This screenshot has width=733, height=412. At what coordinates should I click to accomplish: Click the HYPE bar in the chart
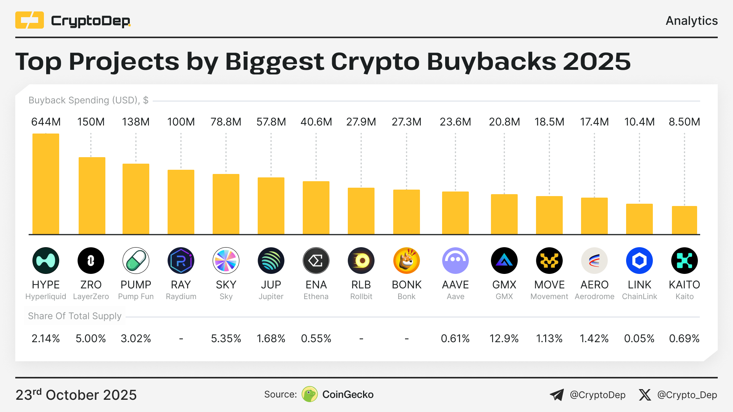[46, 183]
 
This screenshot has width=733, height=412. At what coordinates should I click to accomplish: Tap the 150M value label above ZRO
[91, 122]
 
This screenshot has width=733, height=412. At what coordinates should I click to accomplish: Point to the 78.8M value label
[226, 122]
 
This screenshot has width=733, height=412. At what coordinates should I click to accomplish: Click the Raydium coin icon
[181, 261]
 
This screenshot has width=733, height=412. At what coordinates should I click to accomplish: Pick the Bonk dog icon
[406, 261]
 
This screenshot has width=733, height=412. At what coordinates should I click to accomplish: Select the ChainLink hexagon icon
[639, 261]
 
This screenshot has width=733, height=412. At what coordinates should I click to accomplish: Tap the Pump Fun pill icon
[136, 261]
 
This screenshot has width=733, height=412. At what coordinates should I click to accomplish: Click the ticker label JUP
[271, 285]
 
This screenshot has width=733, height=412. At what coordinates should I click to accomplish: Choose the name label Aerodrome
[594, 296]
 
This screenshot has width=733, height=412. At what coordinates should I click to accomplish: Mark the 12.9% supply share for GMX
[504, 338]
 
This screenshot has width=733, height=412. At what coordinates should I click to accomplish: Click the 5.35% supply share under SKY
[226, 338]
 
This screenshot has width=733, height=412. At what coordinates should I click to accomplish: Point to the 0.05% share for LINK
[639, 338]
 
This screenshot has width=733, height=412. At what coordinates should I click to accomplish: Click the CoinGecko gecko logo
[310, 394]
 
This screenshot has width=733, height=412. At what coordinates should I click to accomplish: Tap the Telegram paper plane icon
[557, 395]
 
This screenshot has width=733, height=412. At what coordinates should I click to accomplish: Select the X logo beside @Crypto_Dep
[645, 395]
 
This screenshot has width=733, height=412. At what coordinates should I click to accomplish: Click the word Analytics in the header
[691, 21]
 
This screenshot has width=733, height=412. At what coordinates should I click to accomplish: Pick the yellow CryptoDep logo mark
[29, 20]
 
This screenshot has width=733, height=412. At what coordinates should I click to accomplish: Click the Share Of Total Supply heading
[74, 316]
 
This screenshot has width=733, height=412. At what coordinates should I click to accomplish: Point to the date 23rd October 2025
[76, 395]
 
